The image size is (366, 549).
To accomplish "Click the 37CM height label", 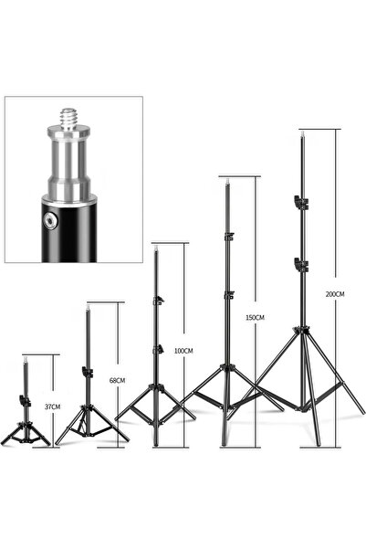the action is click(53, 406).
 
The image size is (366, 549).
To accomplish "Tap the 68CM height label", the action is click(117, 380).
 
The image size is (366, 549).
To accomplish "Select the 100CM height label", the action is click(183, 351).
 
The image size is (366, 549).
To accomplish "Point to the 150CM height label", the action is click(255, 318).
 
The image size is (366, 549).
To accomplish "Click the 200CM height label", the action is click(335, 294).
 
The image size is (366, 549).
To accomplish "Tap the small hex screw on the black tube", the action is click(49, 220).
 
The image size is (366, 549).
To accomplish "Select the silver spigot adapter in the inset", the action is click(69, 156).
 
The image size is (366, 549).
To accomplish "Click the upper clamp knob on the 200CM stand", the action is click(300, 203).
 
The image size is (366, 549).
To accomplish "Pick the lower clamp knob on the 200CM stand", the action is click(300, 264).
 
